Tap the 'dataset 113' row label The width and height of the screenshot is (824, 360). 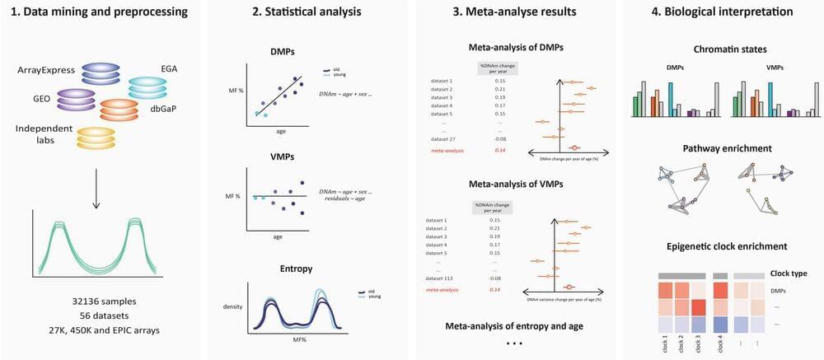click(x=446, y=278)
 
